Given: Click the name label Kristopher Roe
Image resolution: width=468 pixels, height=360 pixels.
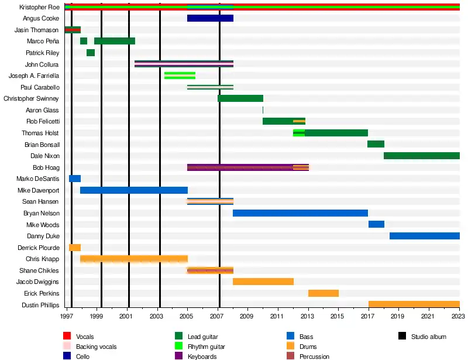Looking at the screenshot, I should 39,7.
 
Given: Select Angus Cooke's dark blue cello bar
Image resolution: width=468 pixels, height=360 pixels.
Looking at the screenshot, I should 210,18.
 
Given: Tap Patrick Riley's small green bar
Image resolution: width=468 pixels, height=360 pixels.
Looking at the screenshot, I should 91,53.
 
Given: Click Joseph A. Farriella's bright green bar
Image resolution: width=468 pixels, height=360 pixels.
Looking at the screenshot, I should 180,76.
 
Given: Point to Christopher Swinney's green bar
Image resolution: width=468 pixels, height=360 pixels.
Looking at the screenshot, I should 240,98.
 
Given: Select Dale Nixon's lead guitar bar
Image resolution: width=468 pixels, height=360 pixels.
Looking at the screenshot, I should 421,156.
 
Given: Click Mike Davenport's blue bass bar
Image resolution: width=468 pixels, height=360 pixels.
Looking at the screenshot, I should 133,190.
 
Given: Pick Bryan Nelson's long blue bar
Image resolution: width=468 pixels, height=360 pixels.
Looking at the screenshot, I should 300,213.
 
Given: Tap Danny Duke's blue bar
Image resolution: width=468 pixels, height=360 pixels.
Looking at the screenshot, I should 424,236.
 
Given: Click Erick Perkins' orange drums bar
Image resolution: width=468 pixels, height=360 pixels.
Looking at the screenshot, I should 324,293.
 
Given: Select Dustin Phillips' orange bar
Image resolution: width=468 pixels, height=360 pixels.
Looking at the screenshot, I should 414,304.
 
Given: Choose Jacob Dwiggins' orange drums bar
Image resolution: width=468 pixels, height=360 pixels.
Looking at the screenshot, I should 263,282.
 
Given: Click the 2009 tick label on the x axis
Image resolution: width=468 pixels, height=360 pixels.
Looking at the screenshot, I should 248,317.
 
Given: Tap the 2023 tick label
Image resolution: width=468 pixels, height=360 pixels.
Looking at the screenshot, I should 458,317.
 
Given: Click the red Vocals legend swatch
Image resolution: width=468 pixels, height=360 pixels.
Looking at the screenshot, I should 67,337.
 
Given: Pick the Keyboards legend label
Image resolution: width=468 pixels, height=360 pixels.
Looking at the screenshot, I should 202,356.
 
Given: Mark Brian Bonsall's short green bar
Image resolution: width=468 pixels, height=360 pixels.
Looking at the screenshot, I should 376,144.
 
